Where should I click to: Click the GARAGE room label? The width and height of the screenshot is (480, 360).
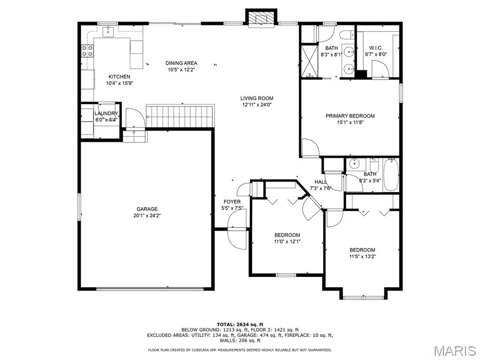click(147, 209)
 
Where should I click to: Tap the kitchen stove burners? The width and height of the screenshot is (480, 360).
click(87, 51)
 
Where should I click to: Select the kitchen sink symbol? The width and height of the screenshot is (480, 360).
click(108, 31)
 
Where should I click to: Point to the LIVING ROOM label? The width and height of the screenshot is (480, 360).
click(256, 98)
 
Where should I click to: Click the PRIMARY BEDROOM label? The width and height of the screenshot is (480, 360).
click(350, 116)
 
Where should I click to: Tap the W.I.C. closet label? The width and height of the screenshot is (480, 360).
click(375, 48)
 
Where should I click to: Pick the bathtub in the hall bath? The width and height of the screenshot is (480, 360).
click(391, 174)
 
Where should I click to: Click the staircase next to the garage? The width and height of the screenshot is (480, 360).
click(180, 116)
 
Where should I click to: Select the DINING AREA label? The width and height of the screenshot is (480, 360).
click(181, 63)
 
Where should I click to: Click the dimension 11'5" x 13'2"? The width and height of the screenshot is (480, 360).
click(362, 256)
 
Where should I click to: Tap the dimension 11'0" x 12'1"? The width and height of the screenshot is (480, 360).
click(287, 241)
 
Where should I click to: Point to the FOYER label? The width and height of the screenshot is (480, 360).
click(232, 202)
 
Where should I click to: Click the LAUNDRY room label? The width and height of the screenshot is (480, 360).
click(106, 113)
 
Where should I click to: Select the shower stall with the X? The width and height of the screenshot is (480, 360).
click(309, 60)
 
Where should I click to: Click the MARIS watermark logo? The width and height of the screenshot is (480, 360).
click(455, 351)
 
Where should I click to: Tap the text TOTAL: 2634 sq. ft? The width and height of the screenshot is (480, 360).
click(240, 324)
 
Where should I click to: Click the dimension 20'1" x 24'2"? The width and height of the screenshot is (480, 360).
click(147, 216)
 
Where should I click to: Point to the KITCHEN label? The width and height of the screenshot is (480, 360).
click(120, 77)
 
